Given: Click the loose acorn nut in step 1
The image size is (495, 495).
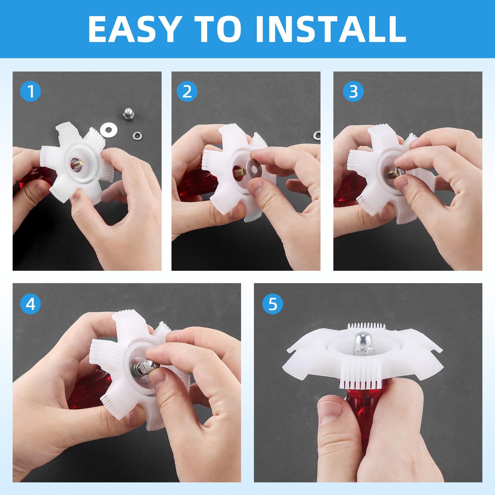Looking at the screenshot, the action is tap(128, 114).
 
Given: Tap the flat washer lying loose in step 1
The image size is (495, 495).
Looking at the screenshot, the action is tap(108, 128).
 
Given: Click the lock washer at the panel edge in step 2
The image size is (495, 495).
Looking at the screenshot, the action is tap(317, 135).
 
